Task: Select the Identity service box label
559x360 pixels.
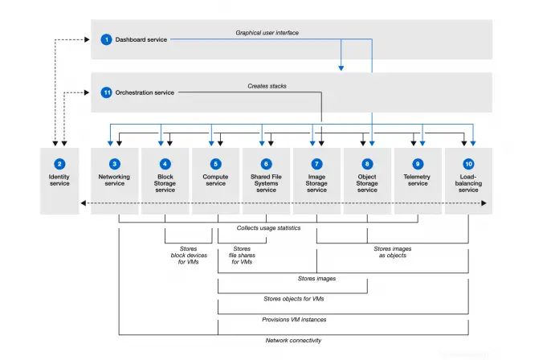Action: point(59,180)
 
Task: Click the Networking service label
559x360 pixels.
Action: point(115,180)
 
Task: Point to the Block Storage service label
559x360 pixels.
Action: point(165,183)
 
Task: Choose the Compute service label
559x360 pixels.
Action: point(216,180)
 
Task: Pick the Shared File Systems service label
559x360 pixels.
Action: point(267,183)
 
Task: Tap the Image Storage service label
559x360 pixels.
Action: point(316,183)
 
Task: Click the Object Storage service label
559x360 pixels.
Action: point(367,183)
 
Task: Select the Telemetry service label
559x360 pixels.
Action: point(418,180)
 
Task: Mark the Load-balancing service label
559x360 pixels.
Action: point(468,183)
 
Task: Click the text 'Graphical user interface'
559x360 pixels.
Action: point(266,34)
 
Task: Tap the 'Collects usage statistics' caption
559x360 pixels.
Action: point(268,228)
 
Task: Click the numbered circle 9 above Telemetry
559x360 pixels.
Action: point(418,163)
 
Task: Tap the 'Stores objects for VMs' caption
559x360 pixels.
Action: point(292,299)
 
